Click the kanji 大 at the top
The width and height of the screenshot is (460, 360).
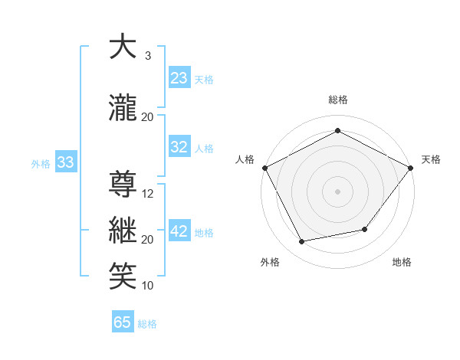tap(123, 47)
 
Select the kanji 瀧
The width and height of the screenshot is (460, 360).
tap(123, 108)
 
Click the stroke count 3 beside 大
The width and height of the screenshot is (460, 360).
tap(148, 56)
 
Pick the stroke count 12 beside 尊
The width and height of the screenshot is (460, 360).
tap(148, 194)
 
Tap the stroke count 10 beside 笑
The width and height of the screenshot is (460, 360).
tap(148, 286)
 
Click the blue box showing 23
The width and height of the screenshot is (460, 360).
tap(179, 77)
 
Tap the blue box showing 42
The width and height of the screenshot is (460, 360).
tap(179, 231)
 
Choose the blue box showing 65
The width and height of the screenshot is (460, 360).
tap(123, 322)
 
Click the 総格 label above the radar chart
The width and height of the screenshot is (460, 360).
tap(337, 100)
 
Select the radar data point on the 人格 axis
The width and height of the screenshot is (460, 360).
tap(264, 168)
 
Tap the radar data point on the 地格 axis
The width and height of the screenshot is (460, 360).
tap(365, 229)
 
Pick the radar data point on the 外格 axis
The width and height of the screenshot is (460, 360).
tap(302, 242)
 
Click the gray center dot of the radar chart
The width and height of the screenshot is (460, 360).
tap(337, 191)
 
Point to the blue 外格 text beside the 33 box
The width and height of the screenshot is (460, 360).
tap(41, 163)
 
